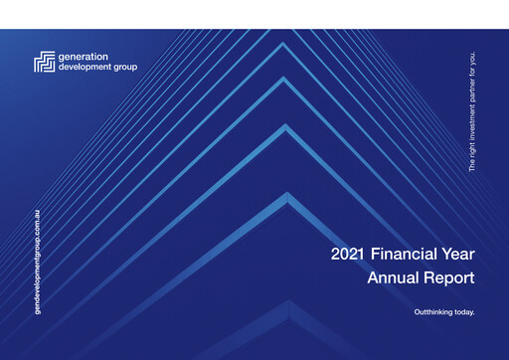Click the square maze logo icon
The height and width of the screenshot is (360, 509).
[44, 62]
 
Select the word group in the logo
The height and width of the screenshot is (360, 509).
[126, 67]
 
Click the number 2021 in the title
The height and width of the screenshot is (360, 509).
[350, 255]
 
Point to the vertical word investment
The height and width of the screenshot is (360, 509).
[472, 122]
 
